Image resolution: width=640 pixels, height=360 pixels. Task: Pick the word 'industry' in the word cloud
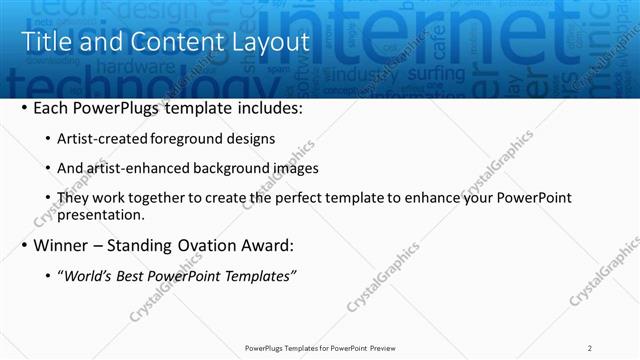364,75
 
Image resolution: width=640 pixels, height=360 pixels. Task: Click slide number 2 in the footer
590,348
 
